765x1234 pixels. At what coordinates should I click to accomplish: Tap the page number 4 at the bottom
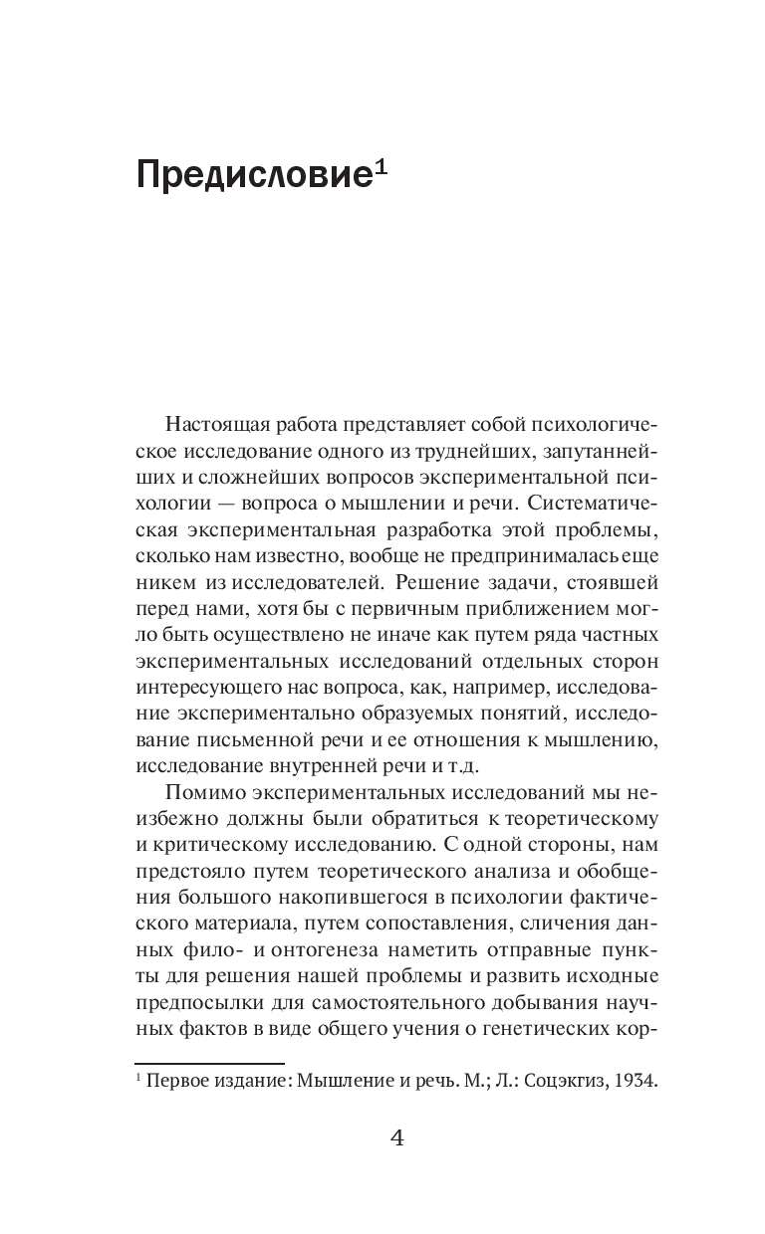[x=396, y=1138]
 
